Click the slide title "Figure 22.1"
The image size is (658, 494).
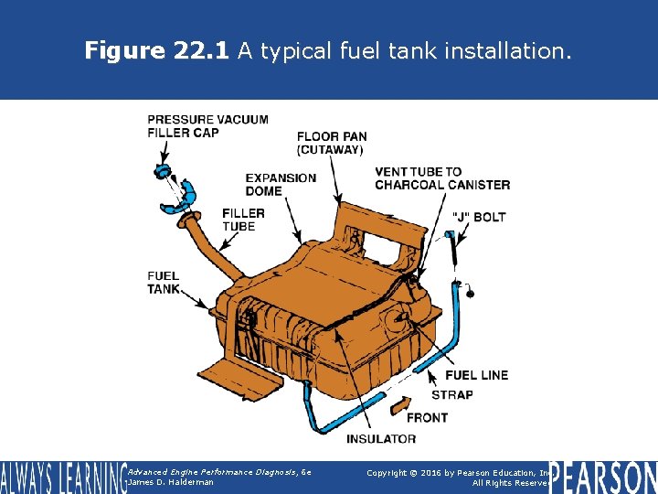click(x=157, y=51)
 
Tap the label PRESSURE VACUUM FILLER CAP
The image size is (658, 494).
click(x=207, y=126)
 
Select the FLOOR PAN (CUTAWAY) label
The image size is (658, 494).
click(x=330, y=144)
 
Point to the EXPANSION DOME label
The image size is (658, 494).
click(x=281, y=185)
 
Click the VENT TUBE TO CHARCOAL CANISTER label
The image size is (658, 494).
click(x=442, y=178)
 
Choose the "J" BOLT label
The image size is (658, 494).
click(x=479, y=217)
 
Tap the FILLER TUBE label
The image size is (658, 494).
click(x=243, y=220)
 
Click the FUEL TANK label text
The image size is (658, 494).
click(x=164, y=283)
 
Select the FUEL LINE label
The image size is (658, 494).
click(x=476, y=375)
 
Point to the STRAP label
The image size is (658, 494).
click(x=451, y=395)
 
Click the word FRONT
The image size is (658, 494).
click(x=427, y=418)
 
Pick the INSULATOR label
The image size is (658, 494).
click(x=380, y=439)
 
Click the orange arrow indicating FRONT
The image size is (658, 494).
click(x=400, y=403)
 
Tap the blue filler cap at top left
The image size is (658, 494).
click(x=164, y=170)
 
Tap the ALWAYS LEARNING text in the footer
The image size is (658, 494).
click(x=61, y=478)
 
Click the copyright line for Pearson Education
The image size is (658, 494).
click(x=457, y=472)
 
